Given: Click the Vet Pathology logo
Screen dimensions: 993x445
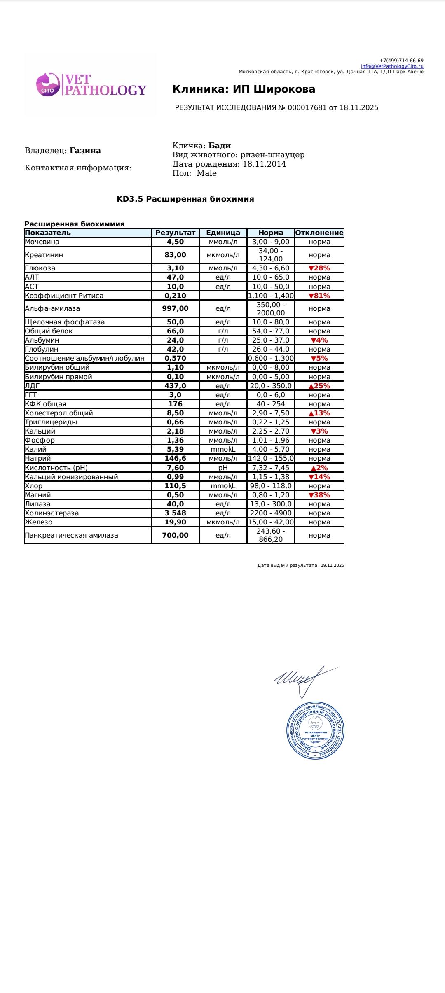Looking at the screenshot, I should coord(91,85).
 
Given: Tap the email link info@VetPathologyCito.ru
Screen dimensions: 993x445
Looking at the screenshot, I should coord(392,66).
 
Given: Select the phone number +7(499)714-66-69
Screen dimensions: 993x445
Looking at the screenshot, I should coord(401,61).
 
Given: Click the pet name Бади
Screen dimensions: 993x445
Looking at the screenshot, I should coord(220,146).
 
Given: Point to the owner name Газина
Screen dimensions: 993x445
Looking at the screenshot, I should coord(85,151).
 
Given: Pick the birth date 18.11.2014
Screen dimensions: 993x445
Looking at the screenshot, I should coord(264,164).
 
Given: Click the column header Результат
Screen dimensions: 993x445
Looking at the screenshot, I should coord(175,233).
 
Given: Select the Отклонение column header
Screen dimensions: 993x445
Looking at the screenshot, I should coord(319,233).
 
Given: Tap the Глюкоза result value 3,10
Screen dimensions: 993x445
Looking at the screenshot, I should coord(175,268).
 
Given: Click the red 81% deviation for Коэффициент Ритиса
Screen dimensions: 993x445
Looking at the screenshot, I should coord(319,296).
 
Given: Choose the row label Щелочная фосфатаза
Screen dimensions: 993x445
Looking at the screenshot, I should coord(65,322).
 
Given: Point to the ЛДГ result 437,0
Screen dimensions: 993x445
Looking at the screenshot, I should coord(175,386).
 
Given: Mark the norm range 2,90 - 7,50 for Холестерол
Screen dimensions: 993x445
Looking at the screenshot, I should coord(271,413).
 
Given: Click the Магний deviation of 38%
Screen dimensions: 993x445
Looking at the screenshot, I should coord(319,495).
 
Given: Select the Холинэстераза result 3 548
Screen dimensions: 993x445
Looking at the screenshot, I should coord(175,513).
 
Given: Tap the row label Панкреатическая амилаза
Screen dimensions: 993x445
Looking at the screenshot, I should coord(71,536).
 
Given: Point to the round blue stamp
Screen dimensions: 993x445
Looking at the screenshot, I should coord(315,730).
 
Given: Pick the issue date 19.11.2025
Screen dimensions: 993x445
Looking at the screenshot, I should coord(332,566).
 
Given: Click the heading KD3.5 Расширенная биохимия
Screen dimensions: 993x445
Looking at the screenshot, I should coord(185,199).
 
